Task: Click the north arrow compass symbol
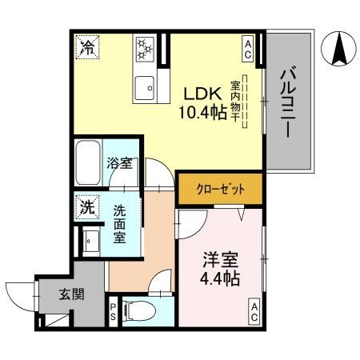[337, 50]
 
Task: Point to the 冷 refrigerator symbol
[87, 46]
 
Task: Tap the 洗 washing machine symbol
[87, 207]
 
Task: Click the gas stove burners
[146, 50]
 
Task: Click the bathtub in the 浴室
[89, 163]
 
